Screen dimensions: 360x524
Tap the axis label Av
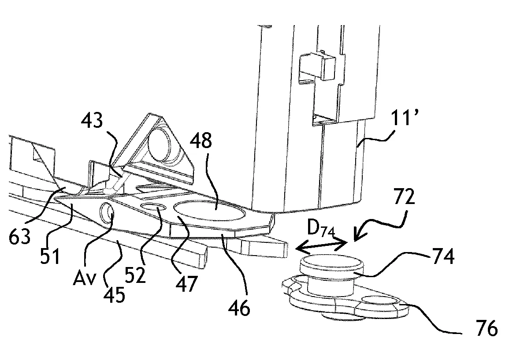tap(84, 280)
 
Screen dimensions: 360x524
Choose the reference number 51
tap(50, 256)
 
